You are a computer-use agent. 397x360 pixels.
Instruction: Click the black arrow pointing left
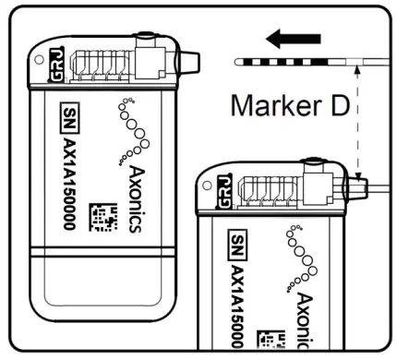click(291, 39)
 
